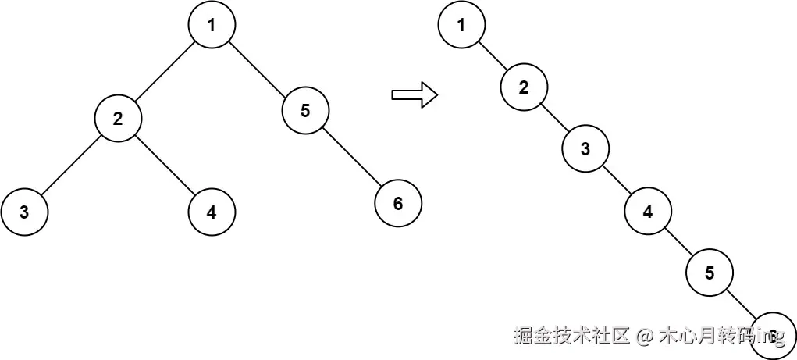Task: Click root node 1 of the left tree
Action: pos(212,25)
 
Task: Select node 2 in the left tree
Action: pos(118,119)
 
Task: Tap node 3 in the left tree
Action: pos(24,212)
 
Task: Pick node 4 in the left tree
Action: pos(212,212)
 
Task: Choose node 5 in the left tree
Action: pos(305,111)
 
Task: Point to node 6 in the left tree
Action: pos(398,204)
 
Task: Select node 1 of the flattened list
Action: pos(461,25)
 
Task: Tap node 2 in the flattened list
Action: pos(524,87)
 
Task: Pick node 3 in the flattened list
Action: pos(585,149)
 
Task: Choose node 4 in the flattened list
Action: pos(648,211)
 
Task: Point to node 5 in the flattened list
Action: pos(710,273)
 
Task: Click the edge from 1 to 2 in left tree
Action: pos(165,72)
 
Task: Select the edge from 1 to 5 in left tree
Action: pos(258,68)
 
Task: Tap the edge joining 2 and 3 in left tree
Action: pos(71,166)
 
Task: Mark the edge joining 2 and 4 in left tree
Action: pos(165,166)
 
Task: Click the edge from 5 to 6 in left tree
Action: pos(351,157)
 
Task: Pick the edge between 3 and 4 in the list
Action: pos(617,180)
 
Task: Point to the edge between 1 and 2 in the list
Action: pos(493,56)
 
